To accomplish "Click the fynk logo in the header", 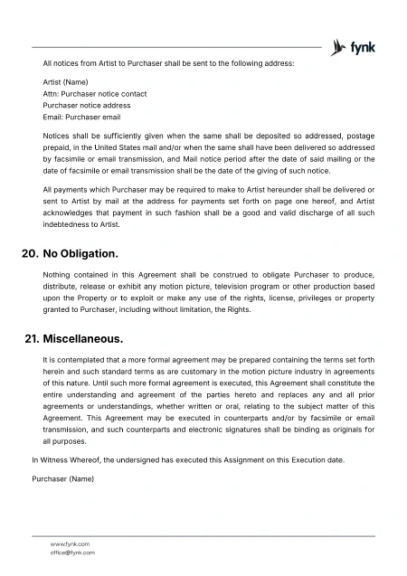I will [x=354, y=46].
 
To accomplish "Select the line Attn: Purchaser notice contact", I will [x=94, y=94].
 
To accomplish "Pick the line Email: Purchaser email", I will [x=81, y=118].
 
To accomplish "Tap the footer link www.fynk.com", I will [x=70, y=543].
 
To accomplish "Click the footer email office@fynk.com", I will [x=72, y=552].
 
